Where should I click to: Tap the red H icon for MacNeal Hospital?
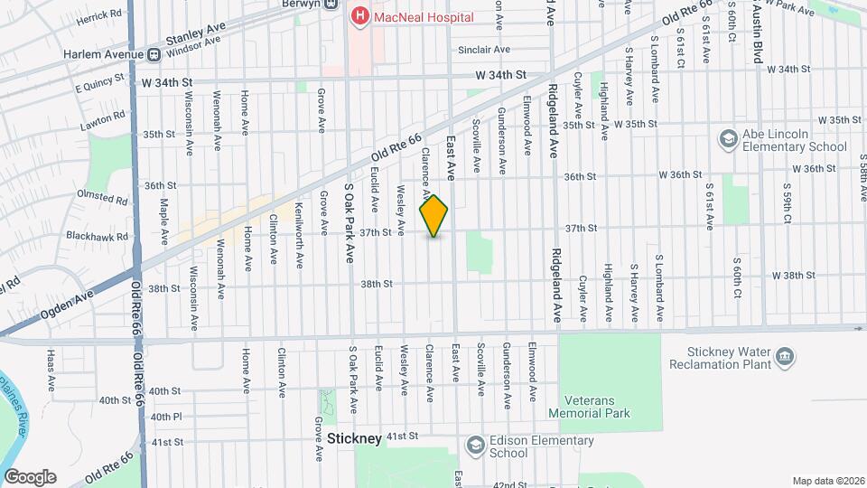[x=361, y=15]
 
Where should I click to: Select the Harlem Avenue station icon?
[x=154, y=54]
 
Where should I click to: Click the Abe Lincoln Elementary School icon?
[x=728, y=139]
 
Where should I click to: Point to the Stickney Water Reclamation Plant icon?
[x=785, y=358]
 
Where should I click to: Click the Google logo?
[x=30, y=477]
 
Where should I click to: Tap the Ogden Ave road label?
[x=69, y=304]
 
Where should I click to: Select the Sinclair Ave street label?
[x=484, y=50]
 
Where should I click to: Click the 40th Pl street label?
[x=166, y=417]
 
